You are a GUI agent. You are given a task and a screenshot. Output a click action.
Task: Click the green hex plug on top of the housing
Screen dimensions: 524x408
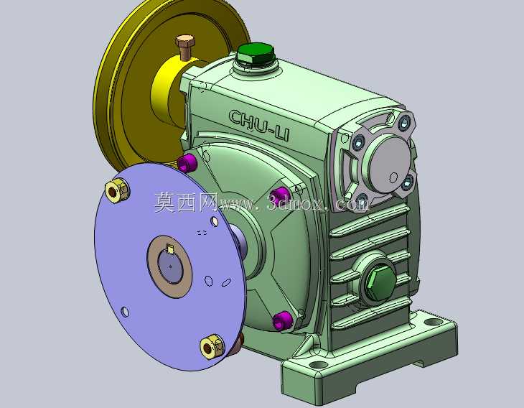(256, 54)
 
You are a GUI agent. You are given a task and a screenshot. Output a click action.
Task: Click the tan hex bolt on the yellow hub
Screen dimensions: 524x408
(184, 46)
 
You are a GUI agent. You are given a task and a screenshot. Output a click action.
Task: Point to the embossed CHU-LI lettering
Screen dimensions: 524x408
(259, 125)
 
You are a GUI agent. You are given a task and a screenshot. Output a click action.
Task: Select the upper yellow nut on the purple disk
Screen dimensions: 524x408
(117, 190)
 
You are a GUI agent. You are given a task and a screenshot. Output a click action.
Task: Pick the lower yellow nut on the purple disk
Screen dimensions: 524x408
(212, 346)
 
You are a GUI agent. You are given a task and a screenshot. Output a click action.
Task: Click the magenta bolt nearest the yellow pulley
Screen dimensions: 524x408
(187, 162)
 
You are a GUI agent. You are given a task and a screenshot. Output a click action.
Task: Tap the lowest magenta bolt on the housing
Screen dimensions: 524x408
(283, 320)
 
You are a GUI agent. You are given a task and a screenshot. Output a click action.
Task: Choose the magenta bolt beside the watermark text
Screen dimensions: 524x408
(280, 195)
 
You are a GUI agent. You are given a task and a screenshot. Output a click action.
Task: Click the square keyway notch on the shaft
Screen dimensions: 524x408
(170, 249)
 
